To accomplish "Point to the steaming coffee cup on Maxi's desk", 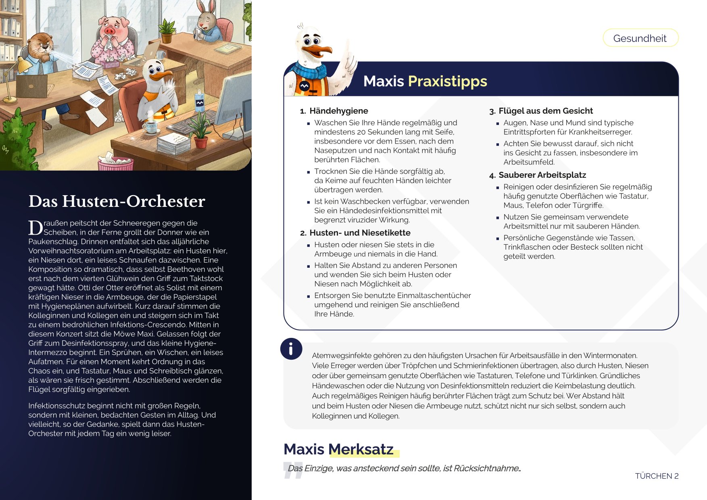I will point(151,126).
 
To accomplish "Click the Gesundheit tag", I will point(640,38).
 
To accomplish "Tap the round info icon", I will point(291,348).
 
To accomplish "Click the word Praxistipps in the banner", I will point(447,81).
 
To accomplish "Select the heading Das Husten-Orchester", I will point(117,201).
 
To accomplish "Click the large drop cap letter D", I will point(35,228).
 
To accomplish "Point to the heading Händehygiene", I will point(338,111).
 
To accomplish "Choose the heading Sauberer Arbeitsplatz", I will point(542,175).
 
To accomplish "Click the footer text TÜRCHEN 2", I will point(656,476).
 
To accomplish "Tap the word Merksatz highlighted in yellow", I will point(361,449).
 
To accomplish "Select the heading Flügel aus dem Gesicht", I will point(545,111).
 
